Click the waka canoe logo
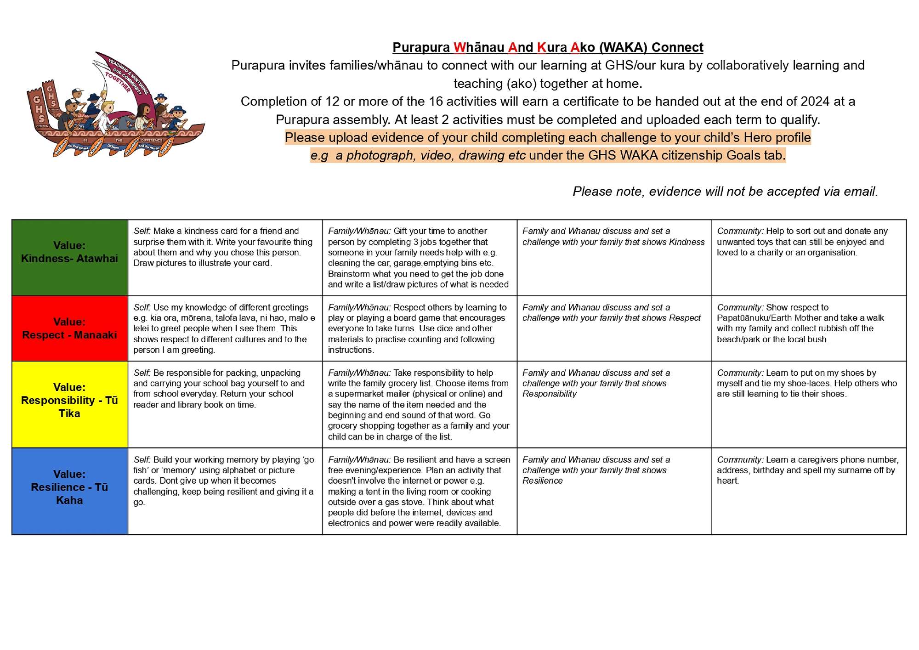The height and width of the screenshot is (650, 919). [115, 106]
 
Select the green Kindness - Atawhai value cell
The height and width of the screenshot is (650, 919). [69, 257]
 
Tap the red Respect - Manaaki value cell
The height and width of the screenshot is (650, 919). [69, 328]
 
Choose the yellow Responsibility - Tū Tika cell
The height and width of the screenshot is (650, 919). [69, 404]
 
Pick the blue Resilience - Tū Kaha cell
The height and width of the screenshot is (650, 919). [69, 491]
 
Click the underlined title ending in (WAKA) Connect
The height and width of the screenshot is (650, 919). [548, 47]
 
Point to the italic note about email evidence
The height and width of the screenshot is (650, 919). [725, 191]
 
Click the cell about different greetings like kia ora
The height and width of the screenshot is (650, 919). [225, 328]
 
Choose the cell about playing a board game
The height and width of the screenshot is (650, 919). [419, 328]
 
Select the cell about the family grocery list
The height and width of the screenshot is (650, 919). [419, 404]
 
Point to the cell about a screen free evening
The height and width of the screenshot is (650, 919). [419, 491]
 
